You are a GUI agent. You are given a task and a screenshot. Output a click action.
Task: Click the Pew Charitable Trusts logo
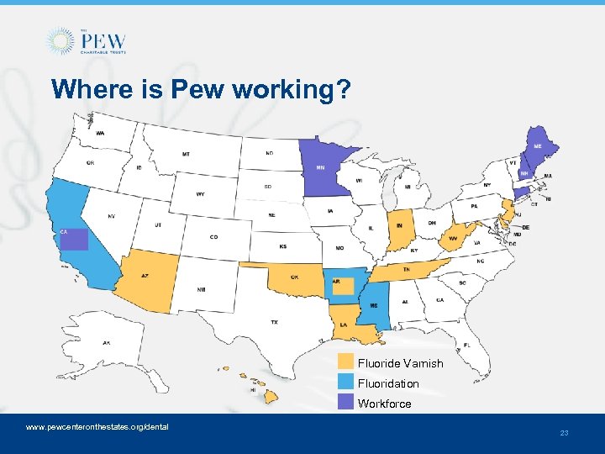click(87, 40)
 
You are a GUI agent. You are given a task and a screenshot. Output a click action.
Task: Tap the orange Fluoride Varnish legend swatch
click(345, 362)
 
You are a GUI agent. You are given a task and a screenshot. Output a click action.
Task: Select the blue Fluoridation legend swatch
click(345, 383)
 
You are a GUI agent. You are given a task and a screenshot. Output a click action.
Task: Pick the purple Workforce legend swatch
click(345, 403)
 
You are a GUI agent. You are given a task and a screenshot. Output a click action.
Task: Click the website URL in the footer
click(97, 427)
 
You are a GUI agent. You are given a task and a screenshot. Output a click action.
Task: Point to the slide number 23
click(564, 433)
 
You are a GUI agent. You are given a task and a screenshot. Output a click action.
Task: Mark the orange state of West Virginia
click(455, 237)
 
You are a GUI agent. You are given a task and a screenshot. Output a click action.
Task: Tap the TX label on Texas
click(274, 322)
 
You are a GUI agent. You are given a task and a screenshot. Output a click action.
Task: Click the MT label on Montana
click(186, 155)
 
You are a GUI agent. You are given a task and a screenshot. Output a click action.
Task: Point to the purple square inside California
click(73, 239)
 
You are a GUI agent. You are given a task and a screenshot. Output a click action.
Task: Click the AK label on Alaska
click(107, 342)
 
